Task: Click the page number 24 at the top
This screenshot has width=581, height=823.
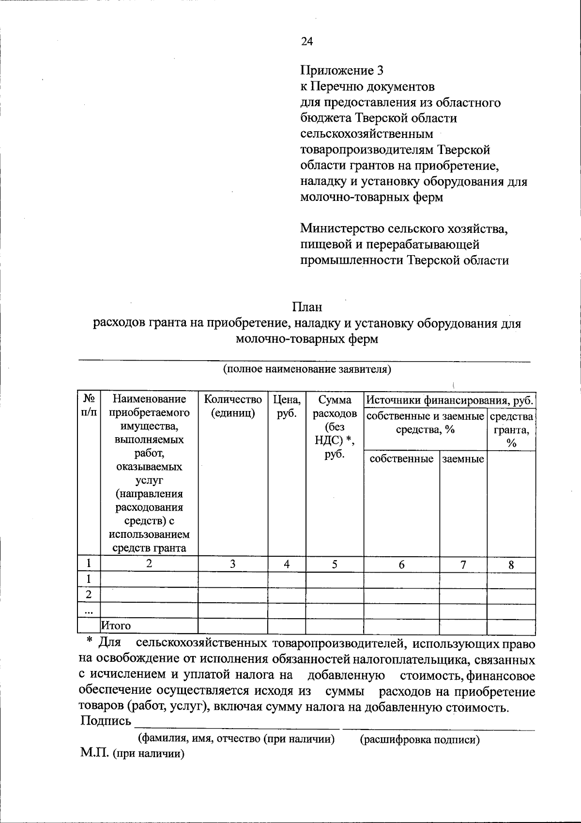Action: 307,42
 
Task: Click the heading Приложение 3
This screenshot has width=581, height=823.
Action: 342,71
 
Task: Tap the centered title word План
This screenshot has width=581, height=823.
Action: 307,307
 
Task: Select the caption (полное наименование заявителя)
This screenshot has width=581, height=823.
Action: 306,369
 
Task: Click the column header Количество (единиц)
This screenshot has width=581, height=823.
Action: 233,406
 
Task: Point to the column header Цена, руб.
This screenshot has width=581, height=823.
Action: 287,406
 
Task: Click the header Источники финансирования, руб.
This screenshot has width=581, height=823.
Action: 450,400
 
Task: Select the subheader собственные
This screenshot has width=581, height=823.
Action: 401,459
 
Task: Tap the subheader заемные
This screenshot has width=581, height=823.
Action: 463,459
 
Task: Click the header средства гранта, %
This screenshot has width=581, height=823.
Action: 511,429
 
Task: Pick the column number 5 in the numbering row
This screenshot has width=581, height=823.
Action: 335,564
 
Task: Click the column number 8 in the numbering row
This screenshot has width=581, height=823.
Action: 511,565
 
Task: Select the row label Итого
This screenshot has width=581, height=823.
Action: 116,626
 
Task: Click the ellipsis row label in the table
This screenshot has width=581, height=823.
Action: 89,611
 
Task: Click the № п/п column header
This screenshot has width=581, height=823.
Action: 89,405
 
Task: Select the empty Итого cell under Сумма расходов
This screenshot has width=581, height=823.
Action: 335,626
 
